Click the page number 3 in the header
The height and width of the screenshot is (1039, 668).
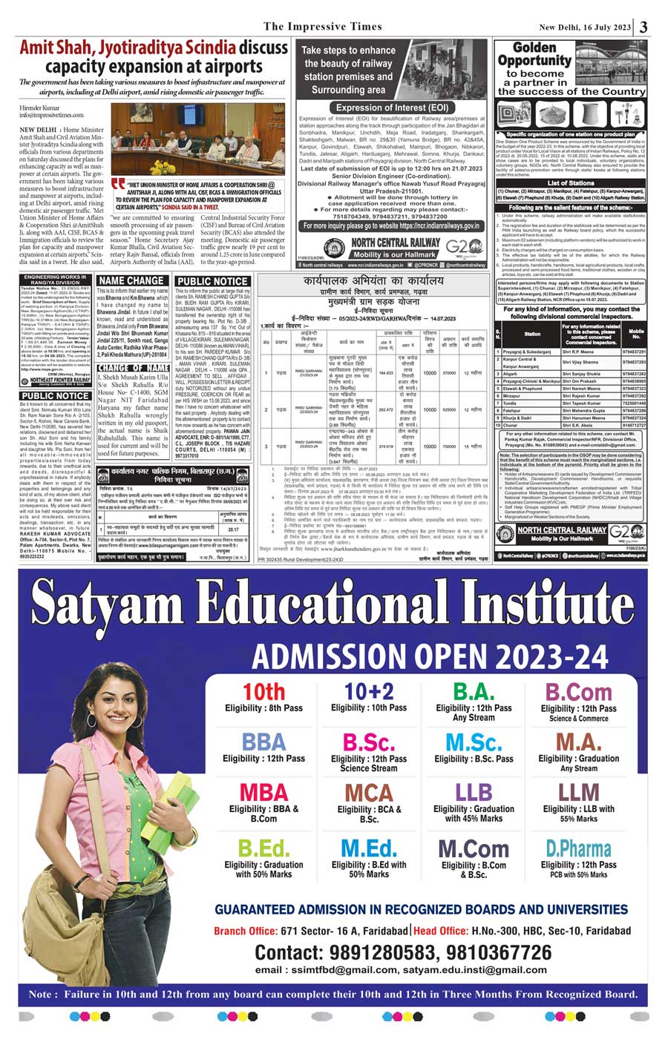[x=644, y=27]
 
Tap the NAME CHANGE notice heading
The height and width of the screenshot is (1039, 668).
[x=131, y=280]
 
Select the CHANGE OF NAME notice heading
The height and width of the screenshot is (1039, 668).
[x=134, y=368]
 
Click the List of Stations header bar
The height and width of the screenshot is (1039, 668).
[x=571, y=182]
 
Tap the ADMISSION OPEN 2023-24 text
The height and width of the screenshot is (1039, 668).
[x=430, y=656]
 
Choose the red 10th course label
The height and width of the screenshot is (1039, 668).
[x=264, y=691]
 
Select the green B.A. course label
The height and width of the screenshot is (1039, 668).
[x=474, y=691]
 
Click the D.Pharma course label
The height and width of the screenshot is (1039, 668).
[x=578, y=848]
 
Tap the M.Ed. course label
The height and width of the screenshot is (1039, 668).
[x=369, y=848]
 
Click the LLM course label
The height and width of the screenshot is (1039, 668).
[x=578, y=791]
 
